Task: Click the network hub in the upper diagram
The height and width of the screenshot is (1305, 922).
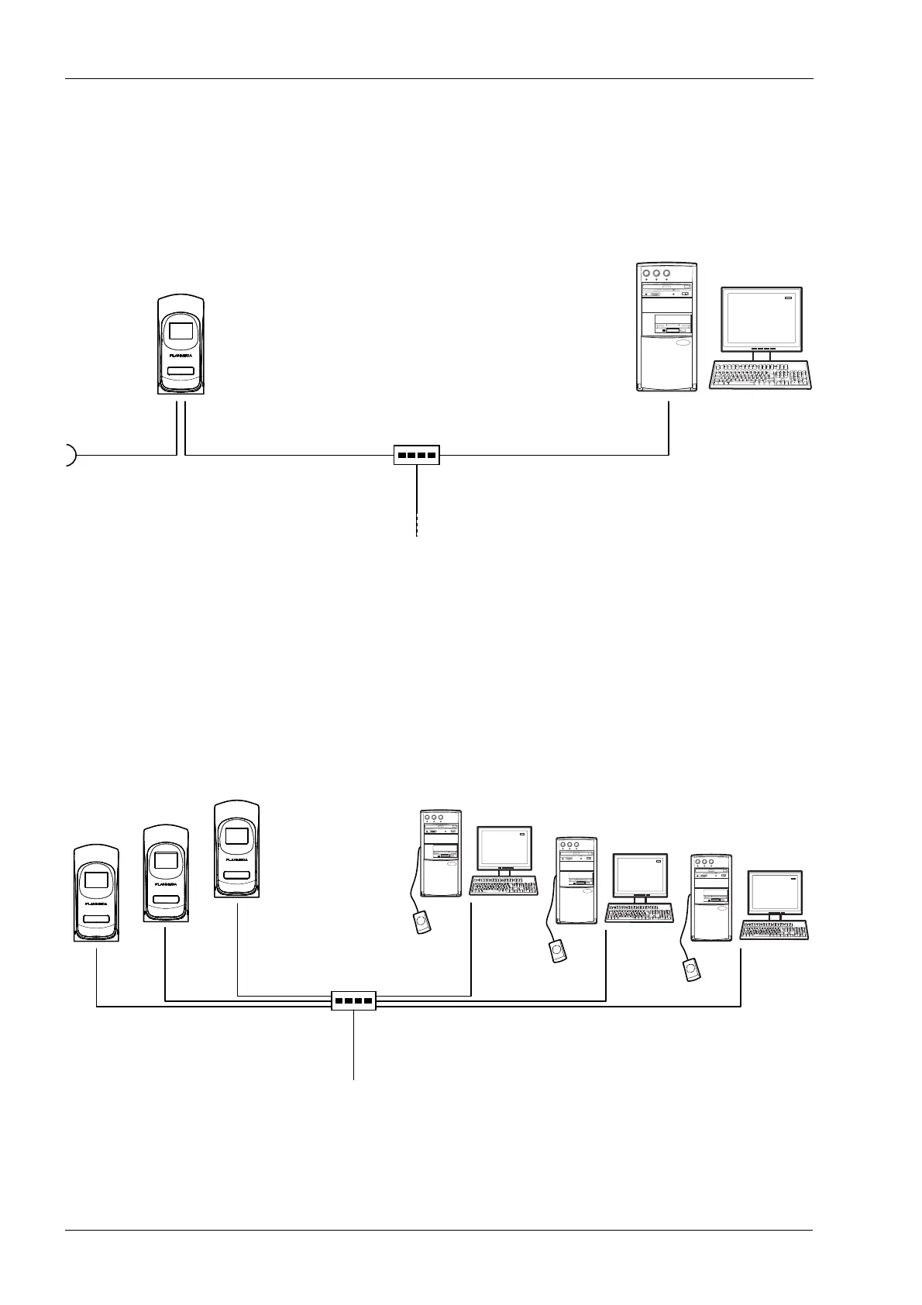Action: (x=416, y=454)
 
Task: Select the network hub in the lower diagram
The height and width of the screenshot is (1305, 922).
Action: (x=353, y=1000)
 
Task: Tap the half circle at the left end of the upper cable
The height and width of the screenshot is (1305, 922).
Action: (x=70, y=455)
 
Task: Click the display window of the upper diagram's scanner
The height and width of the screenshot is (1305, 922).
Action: (x=181, y=331)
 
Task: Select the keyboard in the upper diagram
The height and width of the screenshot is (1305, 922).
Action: (x=759, y=375)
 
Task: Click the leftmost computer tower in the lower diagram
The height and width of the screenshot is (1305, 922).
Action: (x=440, y=853)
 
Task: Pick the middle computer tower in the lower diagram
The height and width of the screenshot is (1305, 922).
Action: (x=577, y=880)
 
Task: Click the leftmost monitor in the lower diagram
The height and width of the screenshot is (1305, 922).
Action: (x=504, y=849)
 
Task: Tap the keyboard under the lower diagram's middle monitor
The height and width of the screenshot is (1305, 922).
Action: (x=639, y=913)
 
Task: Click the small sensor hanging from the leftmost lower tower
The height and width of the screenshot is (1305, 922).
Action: (x=421, y=923)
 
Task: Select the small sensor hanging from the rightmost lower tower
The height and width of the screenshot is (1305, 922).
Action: (x=690, y=969)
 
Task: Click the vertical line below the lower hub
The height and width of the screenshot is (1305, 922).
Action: (x=354, y=1046)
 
